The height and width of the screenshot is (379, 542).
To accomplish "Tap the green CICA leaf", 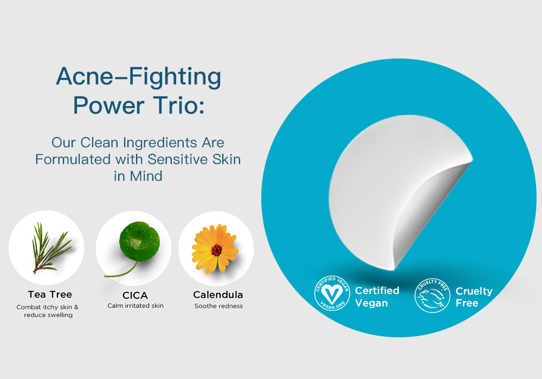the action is pos(140,240).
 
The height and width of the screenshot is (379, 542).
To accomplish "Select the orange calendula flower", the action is pos(215,249).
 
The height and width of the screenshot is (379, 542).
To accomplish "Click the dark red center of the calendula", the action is pos(216,250).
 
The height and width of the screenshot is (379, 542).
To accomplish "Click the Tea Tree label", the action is pos(50,295).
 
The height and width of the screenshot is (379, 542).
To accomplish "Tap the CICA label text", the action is pos(135,296).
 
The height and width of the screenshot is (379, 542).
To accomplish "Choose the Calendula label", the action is pos(218,295).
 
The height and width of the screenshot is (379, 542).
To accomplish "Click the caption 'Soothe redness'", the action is pos(218,306).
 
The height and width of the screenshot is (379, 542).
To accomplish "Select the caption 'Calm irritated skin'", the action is pos(135,306).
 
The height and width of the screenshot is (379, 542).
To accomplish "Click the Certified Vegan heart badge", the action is pos(332,293).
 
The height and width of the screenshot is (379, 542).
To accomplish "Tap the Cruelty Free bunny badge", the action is pos(432,296).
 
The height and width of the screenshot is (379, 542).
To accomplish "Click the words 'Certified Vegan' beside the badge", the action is pos(377,297).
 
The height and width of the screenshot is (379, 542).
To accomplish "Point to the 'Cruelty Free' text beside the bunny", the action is pos(474,297).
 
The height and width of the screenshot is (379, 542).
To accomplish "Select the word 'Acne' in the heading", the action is pos(85,76).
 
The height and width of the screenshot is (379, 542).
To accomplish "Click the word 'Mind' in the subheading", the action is pos(146,177).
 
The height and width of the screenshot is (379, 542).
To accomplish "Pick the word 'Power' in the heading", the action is pos(108,105).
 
